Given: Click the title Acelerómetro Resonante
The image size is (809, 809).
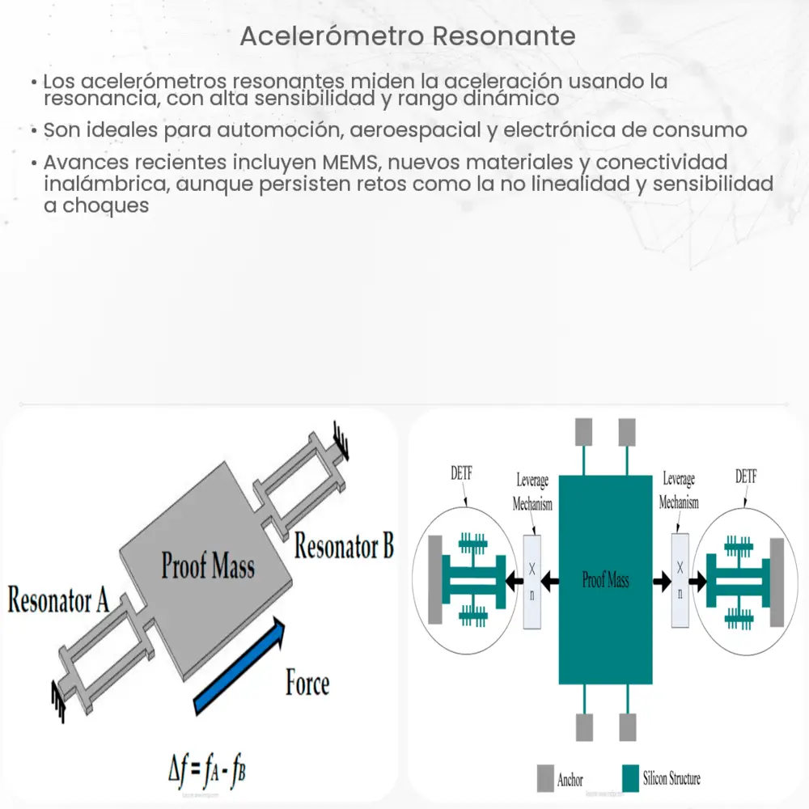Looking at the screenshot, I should [x=409, y=36].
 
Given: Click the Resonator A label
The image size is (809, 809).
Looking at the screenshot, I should [x=58, y=602].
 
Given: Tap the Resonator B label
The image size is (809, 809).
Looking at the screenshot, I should [x=344, y=546].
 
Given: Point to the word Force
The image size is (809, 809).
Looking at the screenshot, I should [x=307, y=684].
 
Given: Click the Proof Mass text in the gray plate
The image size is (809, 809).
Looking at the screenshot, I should [x=208, y=565].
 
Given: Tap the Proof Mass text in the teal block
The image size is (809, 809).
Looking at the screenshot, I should [x=606, y=579].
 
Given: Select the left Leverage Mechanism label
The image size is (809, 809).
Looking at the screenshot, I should [x=532, y=493].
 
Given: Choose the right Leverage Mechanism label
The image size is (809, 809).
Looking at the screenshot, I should [x=679, y=490].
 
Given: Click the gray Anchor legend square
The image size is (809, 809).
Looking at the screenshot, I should [x=545, y=779].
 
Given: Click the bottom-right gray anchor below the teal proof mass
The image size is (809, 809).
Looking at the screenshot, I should [x=628, y=726].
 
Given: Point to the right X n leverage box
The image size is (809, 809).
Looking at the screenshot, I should [x=680, y=579].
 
